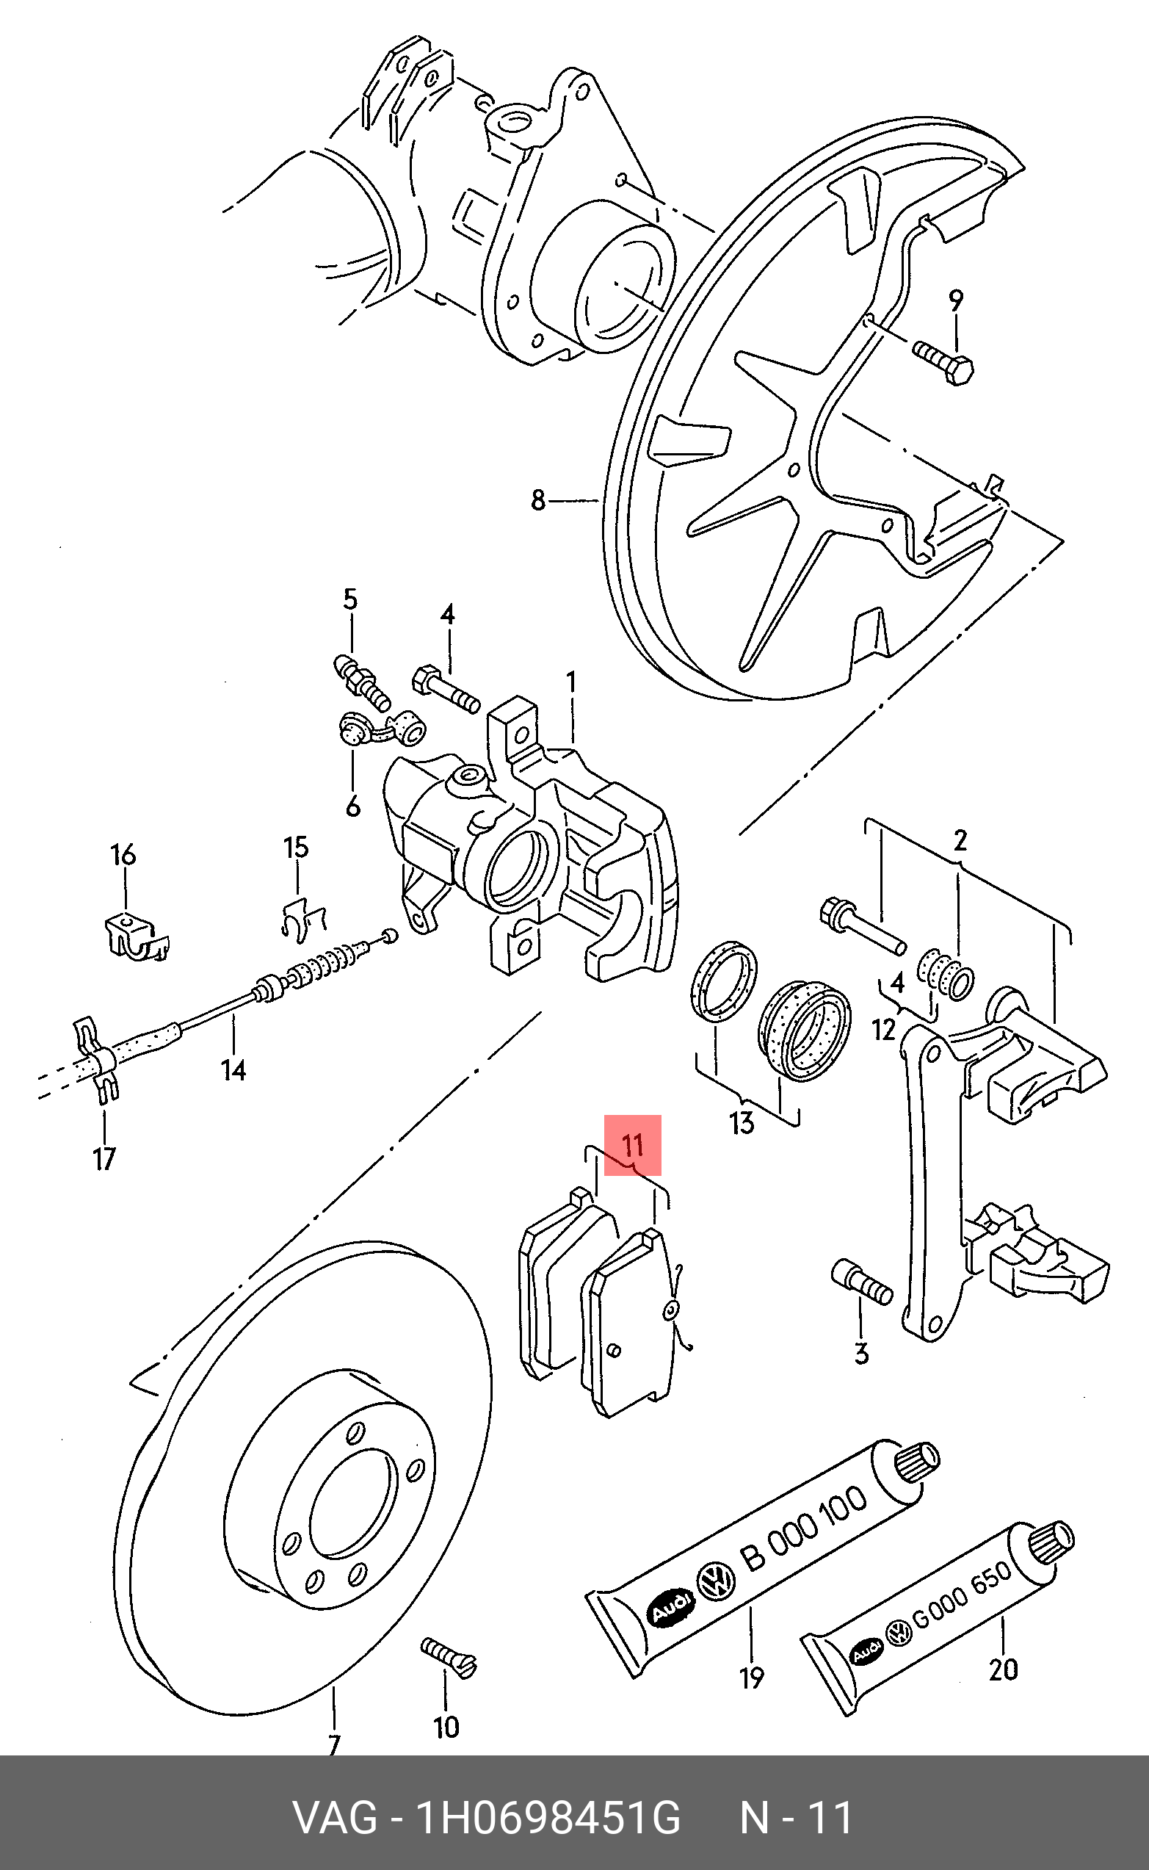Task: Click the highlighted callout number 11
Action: tap(632, 1145)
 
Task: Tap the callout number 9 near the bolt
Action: tap(956, 301)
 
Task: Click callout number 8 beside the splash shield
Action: tap(538, 500)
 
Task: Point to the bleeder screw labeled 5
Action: tap(362, 681)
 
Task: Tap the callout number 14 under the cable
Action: tap(233, 1070)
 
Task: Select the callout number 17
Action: tap(104, 1159)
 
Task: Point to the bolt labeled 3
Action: tap(863, 1282)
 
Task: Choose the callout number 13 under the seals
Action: tap(741, 1123)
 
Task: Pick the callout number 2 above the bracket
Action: tap(960, 841)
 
